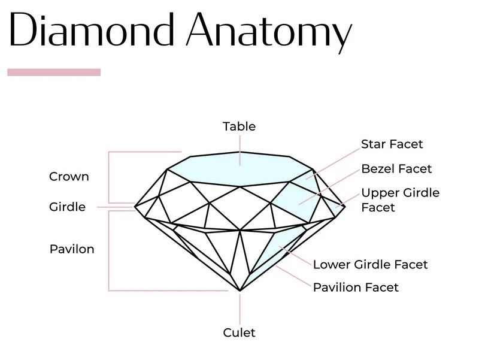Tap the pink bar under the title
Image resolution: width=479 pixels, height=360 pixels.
pyautogui.click(x=54, y=72)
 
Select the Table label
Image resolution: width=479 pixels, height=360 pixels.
pyautogui.click(x=239, y=126)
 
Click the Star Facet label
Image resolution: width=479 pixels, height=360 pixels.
pyautogui.click(x=392, y=144)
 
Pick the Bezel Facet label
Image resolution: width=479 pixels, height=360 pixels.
pyautogui.click(x=396, y=169)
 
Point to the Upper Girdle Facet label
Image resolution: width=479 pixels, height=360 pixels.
pyautogui.click(x=399, y=200)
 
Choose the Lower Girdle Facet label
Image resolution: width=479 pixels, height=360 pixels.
pyautogui.click(x=370, y=264)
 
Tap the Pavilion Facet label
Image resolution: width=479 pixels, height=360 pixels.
pyautogui.click(x=356, y=288)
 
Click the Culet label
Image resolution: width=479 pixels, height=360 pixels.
pyautogui.click(x=239, y=333)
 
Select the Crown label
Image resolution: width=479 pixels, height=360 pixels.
pyautogui.click(x=69, y=177)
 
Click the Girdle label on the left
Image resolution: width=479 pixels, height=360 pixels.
pyautogui.click(x=67, y=207)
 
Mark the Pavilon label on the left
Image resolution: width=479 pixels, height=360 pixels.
pyautogui.click(x=72, y=249)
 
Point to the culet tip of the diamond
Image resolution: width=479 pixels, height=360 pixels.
pyautogui.click(x=240, y=291)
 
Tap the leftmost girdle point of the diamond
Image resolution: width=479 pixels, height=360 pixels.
pyautogui.click(x=135, y=207)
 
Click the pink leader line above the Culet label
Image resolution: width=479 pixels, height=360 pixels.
pyautogui.click(x=240, y=308)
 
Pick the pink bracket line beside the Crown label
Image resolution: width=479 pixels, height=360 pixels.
pyautogui.click(x=108, y=177)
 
